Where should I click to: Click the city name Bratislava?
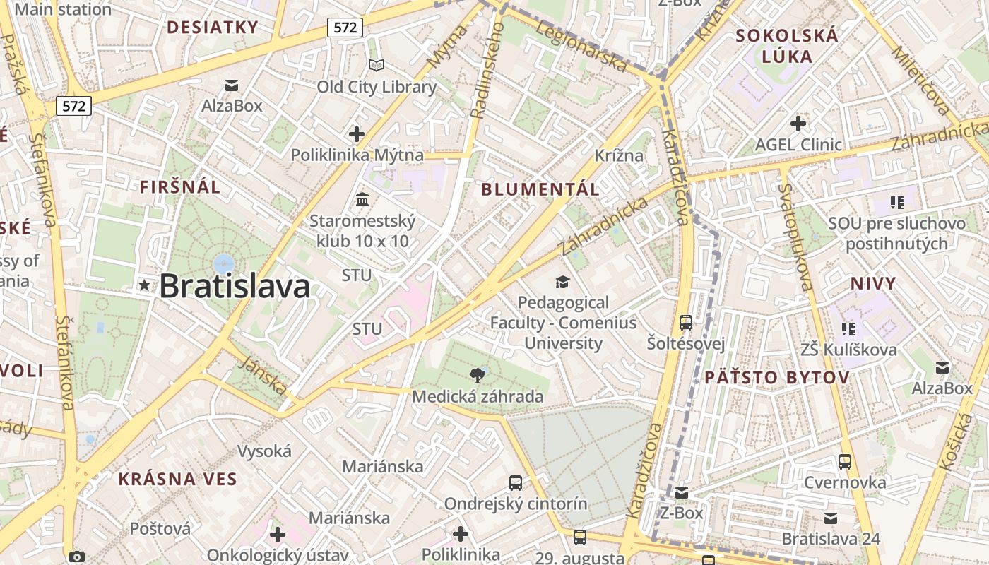pyautogui.click(x=235, y=286)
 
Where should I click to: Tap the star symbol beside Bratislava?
pyautogui.click(x=145, y=285)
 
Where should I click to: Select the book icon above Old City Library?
pyautogui.click(x=377, y=66)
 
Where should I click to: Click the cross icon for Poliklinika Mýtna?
pyautogui.click(x=357, y=133)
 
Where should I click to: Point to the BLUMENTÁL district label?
pyautogui.click(x=540, y=189)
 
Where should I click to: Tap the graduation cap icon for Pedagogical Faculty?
pyautogui.click(x=562, y=282)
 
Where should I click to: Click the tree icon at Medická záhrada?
pyautogui.click(x=478, y=375)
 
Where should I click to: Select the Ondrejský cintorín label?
pyautogui.click(x=516, y=504)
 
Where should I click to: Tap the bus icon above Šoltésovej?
pyautogui.click(x=685, y=323)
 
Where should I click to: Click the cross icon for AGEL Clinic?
pyautogui.click(x=798, y=124)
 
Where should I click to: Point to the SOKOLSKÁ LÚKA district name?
pyautogui.click(x=787, y=46)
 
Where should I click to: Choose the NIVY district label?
pyautogui.click(x=873, y=284)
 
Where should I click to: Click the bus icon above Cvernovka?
pyautogui.click(x=845, y=462)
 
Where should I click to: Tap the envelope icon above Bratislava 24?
pyautogui.click(x=831, y=518)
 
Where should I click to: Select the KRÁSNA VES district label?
pyautogui.click(x=177, y=479)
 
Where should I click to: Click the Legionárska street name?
pyautogui.click(x=582, y=45)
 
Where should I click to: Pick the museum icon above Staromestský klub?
pyautogui.click(x=362, y=200)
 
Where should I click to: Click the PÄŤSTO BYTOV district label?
pyautogui.click(x=776, y=377)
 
